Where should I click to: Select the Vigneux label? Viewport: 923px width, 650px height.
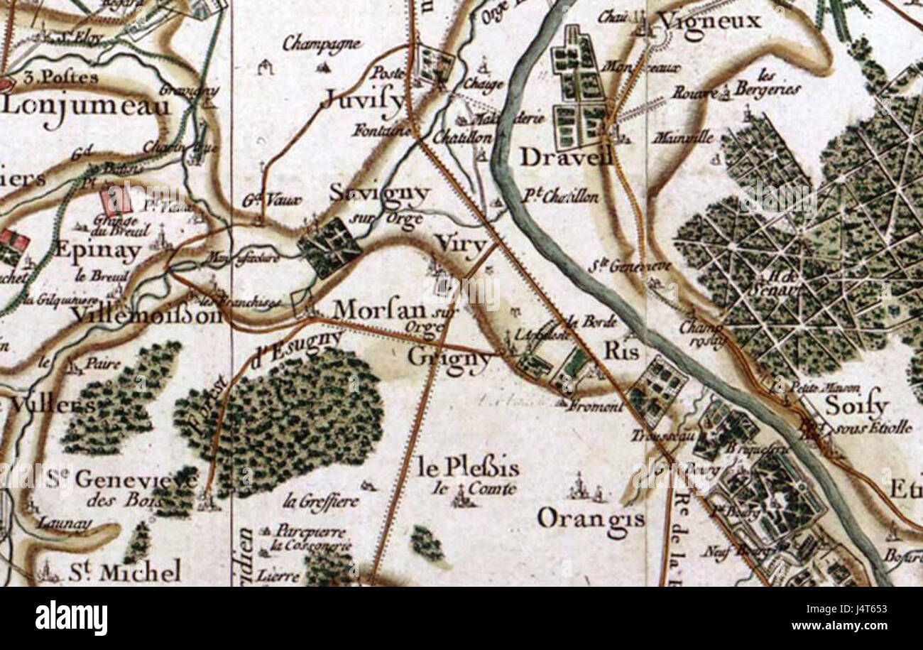point(710,21)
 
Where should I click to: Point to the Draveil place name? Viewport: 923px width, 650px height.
point(566,157)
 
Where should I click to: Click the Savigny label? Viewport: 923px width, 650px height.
point(380,193)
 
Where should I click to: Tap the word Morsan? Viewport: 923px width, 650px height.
point(379,310)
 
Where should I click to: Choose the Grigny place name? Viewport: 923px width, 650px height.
point(449,358)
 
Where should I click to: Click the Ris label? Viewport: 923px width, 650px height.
point(621,351)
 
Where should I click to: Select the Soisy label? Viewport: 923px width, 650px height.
point(857,406)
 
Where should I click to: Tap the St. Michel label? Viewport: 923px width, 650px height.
point(125,571)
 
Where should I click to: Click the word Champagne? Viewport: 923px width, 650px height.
point(322,43)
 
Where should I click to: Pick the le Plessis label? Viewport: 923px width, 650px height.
point(468,468)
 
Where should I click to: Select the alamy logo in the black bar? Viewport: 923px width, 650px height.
point(71,618)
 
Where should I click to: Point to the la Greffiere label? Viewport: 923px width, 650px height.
point(321,501)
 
